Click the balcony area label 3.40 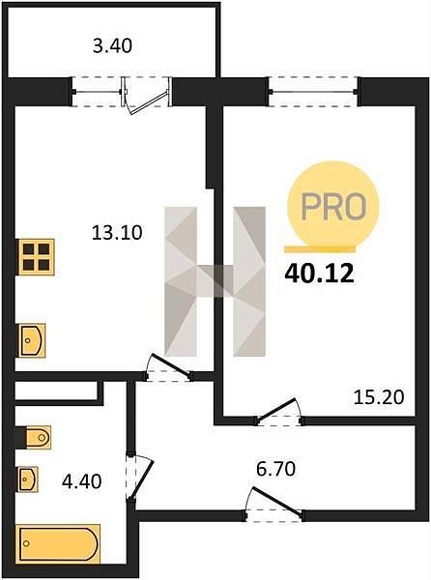click(112, 47)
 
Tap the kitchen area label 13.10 click(117, 233)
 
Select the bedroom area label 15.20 click(379, 397)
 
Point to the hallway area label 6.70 click(275, 469)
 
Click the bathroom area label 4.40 click(82, 481)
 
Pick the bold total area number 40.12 click(319, 275)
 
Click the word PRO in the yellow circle click(333, 207)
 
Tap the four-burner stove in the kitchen click(36, 257)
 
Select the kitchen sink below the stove click(31, 340)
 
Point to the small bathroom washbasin click(28, 479)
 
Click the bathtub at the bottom click(59, 543)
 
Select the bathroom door click(140, 478)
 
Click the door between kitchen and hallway click(168, 367)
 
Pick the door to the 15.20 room click(279, 412)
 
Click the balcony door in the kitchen click(147, 96)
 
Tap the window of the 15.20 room click(313, 92)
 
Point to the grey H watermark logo click(215, 281)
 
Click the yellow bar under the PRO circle click(320, 249)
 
